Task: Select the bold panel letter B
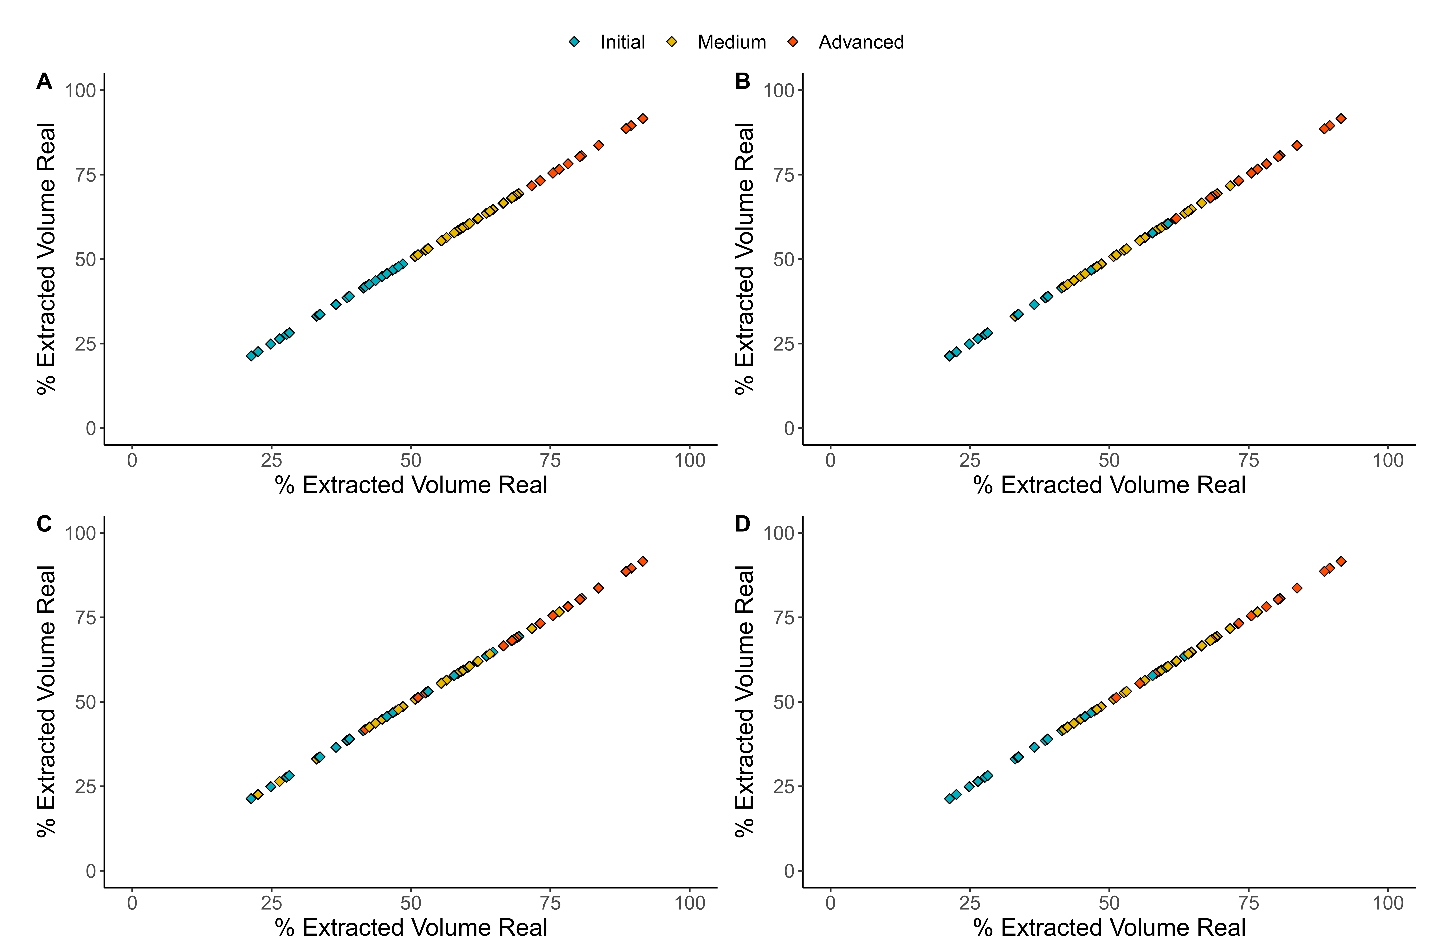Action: click(742, 81)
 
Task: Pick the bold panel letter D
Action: click(742, 523)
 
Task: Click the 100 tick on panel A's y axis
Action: click(81, 91)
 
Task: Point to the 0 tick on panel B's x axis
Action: click(830, 460)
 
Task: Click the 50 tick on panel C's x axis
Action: click(411, 903)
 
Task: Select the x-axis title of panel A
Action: click(411, 485)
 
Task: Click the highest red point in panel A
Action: click(643, 119)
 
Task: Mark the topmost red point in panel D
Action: click(1341, 561)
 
